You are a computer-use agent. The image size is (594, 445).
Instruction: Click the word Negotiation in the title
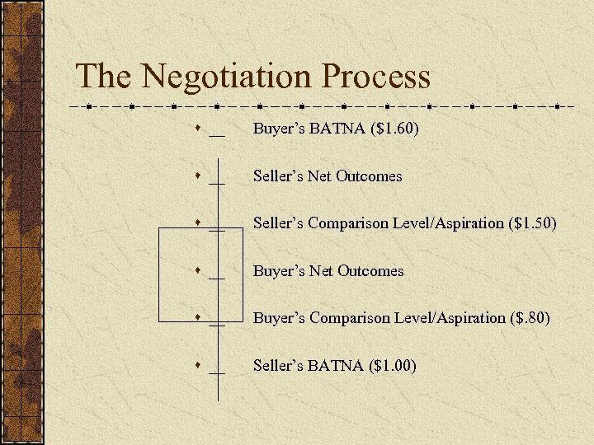(226, 77)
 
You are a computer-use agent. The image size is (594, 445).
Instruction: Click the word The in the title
(103, 77)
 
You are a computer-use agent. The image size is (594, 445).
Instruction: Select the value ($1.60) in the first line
(395, 129)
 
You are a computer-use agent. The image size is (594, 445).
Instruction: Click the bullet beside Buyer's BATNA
(199, 129)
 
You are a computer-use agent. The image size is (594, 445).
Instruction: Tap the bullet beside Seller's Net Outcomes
(199, 176)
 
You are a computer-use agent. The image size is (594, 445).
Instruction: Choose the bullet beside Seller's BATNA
(199, 365)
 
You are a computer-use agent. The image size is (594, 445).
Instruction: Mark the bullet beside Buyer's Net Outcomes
(199, 270)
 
